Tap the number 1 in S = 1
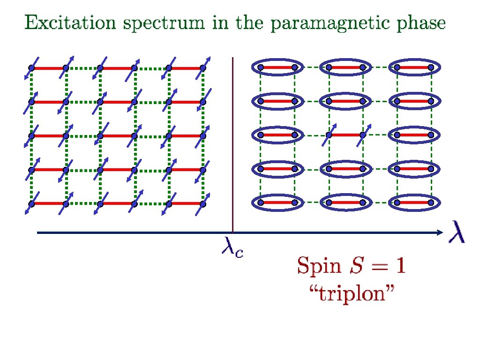pyautogui.click(x=400, y=267)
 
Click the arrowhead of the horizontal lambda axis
pyautogui.click(x=439, y=232)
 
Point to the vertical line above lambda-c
pyautogui.click(x=233, y=141)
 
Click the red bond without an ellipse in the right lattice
pyautogui.click(x=345, y=135)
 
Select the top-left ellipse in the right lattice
pyautogui.click(x=277, y=67)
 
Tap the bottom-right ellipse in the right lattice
pyautogui.click(x=414, y=202)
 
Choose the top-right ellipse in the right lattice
pyautogui.click(x=414, y=67)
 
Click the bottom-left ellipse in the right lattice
pyautogui.click(x=277, y=202)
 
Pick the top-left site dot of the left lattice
pyautogui.click(x=31, y=68)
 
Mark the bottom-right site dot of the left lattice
pyautogui.click(x=203, y=203)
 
